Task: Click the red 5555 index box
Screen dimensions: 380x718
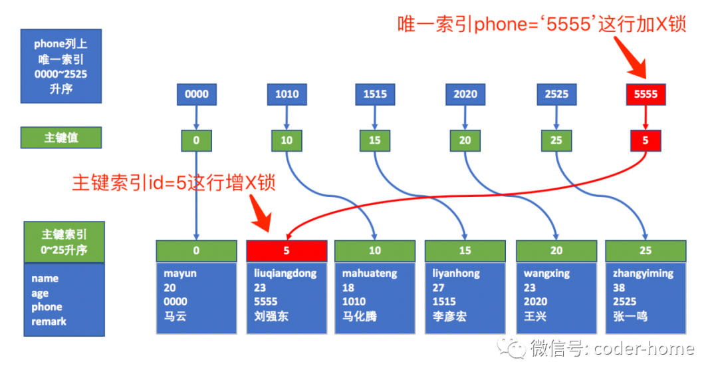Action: coord(646,95)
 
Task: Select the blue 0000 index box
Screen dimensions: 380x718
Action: coord(196,95)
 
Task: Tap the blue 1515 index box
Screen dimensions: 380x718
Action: coord(375,95)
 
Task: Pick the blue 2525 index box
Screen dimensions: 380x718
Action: coord(556,95)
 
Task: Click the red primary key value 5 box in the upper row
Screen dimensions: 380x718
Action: coord(646,140)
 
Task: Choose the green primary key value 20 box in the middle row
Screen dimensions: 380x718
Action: coord(465,140)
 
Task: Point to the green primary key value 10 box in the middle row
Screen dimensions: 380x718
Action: coord(287,140)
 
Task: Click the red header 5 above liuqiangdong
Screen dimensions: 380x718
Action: coord(287,251)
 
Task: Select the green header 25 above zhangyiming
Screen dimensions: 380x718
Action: coord(646,251)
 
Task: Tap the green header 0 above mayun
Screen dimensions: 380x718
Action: coord(196,251)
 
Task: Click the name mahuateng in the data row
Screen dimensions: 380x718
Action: coord(369,274)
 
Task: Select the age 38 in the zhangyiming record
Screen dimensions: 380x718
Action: coord(620,287)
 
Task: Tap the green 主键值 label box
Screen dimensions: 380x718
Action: coord(61,138)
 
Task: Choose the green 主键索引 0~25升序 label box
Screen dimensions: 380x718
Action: coord(64,242)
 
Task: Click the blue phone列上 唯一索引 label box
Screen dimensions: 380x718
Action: coord(61,66)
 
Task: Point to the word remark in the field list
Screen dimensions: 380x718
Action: coord(49,321)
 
